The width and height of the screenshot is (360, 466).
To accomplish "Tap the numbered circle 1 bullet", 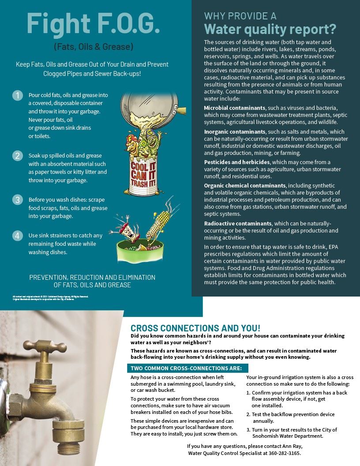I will point(17,95).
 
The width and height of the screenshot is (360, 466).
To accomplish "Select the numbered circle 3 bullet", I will point(17,199).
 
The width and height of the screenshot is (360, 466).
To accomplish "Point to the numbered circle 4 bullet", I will point(17,236).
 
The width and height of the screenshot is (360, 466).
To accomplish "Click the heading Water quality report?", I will point(270,29).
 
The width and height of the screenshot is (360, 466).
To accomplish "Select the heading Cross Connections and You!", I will point(195,328).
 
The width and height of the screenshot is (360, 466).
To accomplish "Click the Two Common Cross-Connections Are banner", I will point(187,368).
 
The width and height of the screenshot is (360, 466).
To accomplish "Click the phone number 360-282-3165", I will point(286,453).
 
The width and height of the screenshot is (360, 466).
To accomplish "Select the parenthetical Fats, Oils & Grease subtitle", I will point(93,46).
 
